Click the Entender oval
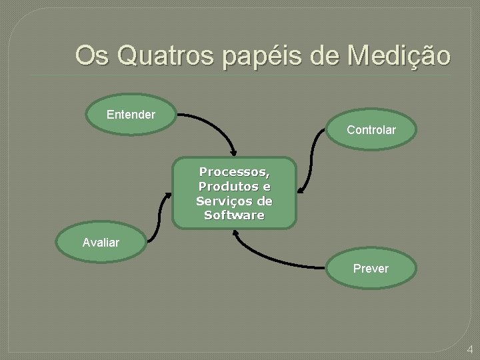pos(131,115)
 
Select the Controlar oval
pos(371,129)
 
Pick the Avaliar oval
pos(101,243)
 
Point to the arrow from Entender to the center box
pos(213,123)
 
